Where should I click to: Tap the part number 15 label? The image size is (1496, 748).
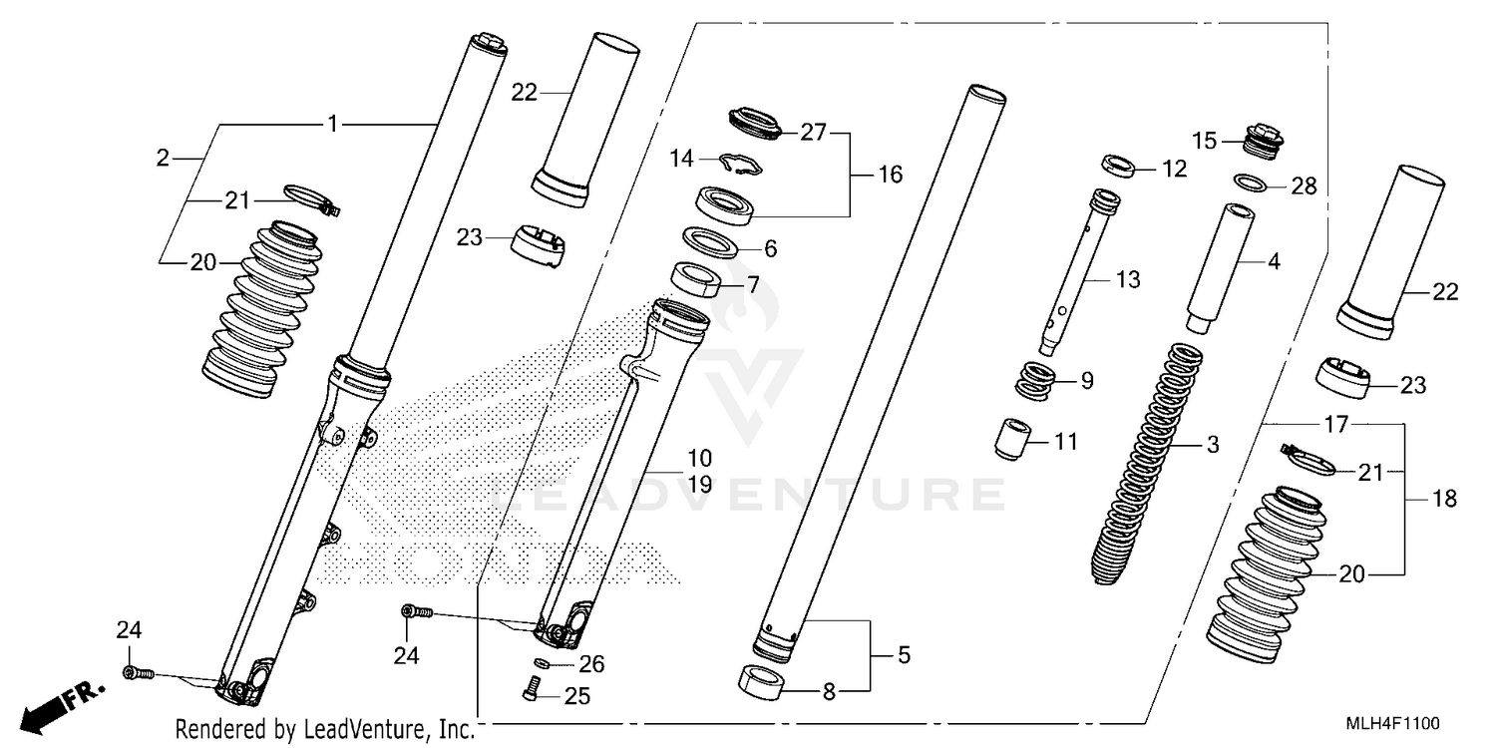coord(1205,141)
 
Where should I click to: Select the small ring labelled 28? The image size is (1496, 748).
coord(1252,183)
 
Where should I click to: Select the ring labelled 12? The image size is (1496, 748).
coord(1119,164)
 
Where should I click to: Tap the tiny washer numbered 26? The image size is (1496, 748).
coord(542,664)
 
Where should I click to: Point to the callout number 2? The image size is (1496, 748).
coord(164,158)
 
